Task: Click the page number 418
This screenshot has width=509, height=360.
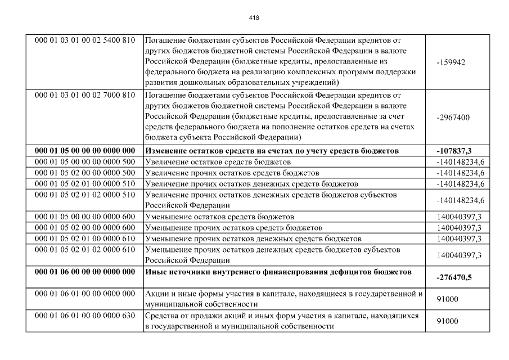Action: (254, 17)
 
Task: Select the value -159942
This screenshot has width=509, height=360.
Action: (451, 62)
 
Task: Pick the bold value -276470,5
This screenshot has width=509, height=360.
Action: (455, 278)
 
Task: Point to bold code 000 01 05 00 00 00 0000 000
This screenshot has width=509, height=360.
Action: (85, 151)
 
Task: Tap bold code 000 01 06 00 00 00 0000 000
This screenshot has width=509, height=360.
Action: (85, 272)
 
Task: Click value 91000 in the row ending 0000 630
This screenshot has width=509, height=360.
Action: (447, 321)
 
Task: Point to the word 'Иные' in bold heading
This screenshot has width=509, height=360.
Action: (155, 272)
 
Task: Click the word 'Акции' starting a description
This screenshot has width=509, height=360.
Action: (157, 294)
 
